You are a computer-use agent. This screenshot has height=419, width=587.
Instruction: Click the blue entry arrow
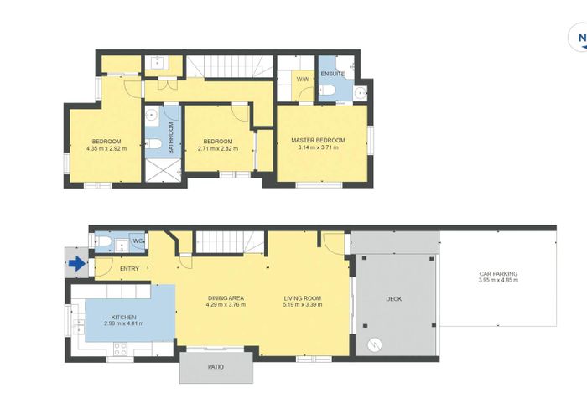point(76,265)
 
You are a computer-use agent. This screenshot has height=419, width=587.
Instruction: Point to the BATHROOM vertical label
point(170,137)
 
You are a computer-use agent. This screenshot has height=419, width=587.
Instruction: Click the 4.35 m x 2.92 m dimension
point(106,148)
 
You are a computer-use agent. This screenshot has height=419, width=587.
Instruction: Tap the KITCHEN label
point(123,316)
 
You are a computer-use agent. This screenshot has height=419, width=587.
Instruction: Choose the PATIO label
point(216,367)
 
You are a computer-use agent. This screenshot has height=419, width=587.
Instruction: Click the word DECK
point(393,299)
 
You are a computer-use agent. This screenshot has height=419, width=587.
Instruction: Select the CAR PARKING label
point(498,273)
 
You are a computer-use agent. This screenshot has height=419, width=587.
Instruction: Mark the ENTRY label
point(129,268)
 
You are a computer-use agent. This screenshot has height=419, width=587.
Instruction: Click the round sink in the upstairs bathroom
point(153,114)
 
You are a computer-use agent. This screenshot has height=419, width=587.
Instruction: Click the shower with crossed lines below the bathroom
point(161,169)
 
